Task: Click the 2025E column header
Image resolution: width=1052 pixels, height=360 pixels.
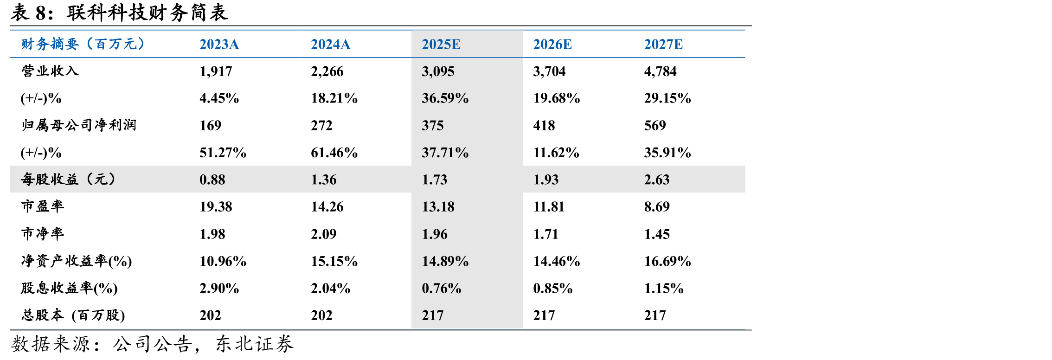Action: pyautogui.click(x=441, y=45)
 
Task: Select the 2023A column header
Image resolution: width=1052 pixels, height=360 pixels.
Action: pyautogui.click(x=219, y=45)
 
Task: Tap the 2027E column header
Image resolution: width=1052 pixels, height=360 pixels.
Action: pyautogui.click(x=663, y=45)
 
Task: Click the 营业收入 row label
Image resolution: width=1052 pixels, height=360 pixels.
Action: pyautogui.click(x=50, y=71)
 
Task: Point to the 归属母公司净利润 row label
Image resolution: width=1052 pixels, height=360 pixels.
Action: pyautogui.click(x=79, y=125)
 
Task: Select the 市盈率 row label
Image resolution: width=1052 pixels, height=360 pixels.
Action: pyautogui.click(x=43, y=206)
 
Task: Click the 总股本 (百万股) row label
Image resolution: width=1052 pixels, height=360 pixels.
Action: pyautogui.click(x=73, y=315)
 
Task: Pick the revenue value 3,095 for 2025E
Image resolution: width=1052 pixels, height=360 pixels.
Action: pyautogui.click(x=438, y=71)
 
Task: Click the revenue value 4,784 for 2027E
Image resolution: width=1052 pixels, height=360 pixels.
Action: pyautogui.click(x=660, y=71)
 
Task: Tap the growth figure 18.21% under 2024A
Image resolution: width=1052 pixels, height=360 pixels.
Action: pyautogui.click(x=334, y=98)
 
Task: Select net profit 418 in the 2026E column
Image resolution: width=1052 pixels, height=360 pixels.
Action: pyautogui.click(x=544, y=126)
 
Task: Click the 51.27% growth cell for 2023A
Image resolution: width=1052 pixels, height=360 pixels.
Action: pyautogui.click(x=223, y=153)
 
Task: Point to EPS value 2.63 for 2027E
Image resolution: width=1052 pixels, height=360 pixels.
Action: pyautogui.click(x=657, y=180)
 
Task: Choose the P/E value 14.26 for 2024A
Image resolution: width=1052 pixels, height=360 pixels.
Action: pyautogui.click(x=327, y=207)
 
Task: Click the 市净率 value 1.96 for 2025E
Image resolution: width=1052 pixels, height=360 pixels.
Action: pyautogui.click(x=435, y=234)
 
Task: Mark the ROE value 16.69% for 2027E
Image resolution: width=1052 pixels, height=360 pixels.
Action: pyautogui.click(x=667, y=261)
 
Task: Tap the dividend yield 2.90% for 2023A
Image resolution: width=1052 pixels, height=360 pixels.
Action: pyautogui.click(x=219, y=289)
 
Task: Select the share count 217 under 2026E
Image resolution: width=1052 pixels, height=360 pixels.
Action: pyautogui.click(x=544, y=315)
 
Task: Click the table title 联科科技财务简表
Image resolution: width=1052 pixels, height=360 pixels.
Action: pyautogui.click(x=148, y=13)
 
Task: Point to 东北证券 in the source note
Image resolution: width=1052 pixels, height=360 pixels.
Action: pyautogui.click(x=255, y=344)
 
